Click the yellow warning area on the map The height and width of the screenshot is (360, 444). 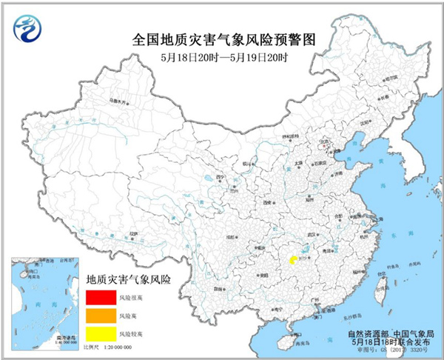[x=294, y=261]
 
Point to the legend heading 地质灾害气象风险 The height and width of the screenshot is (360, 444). [x=129, y=280]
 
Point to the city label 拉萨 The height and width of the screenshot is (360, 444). [x=133, y=234]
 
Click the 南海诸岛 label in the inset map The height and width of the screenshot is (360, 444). [x=55, y=337]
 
